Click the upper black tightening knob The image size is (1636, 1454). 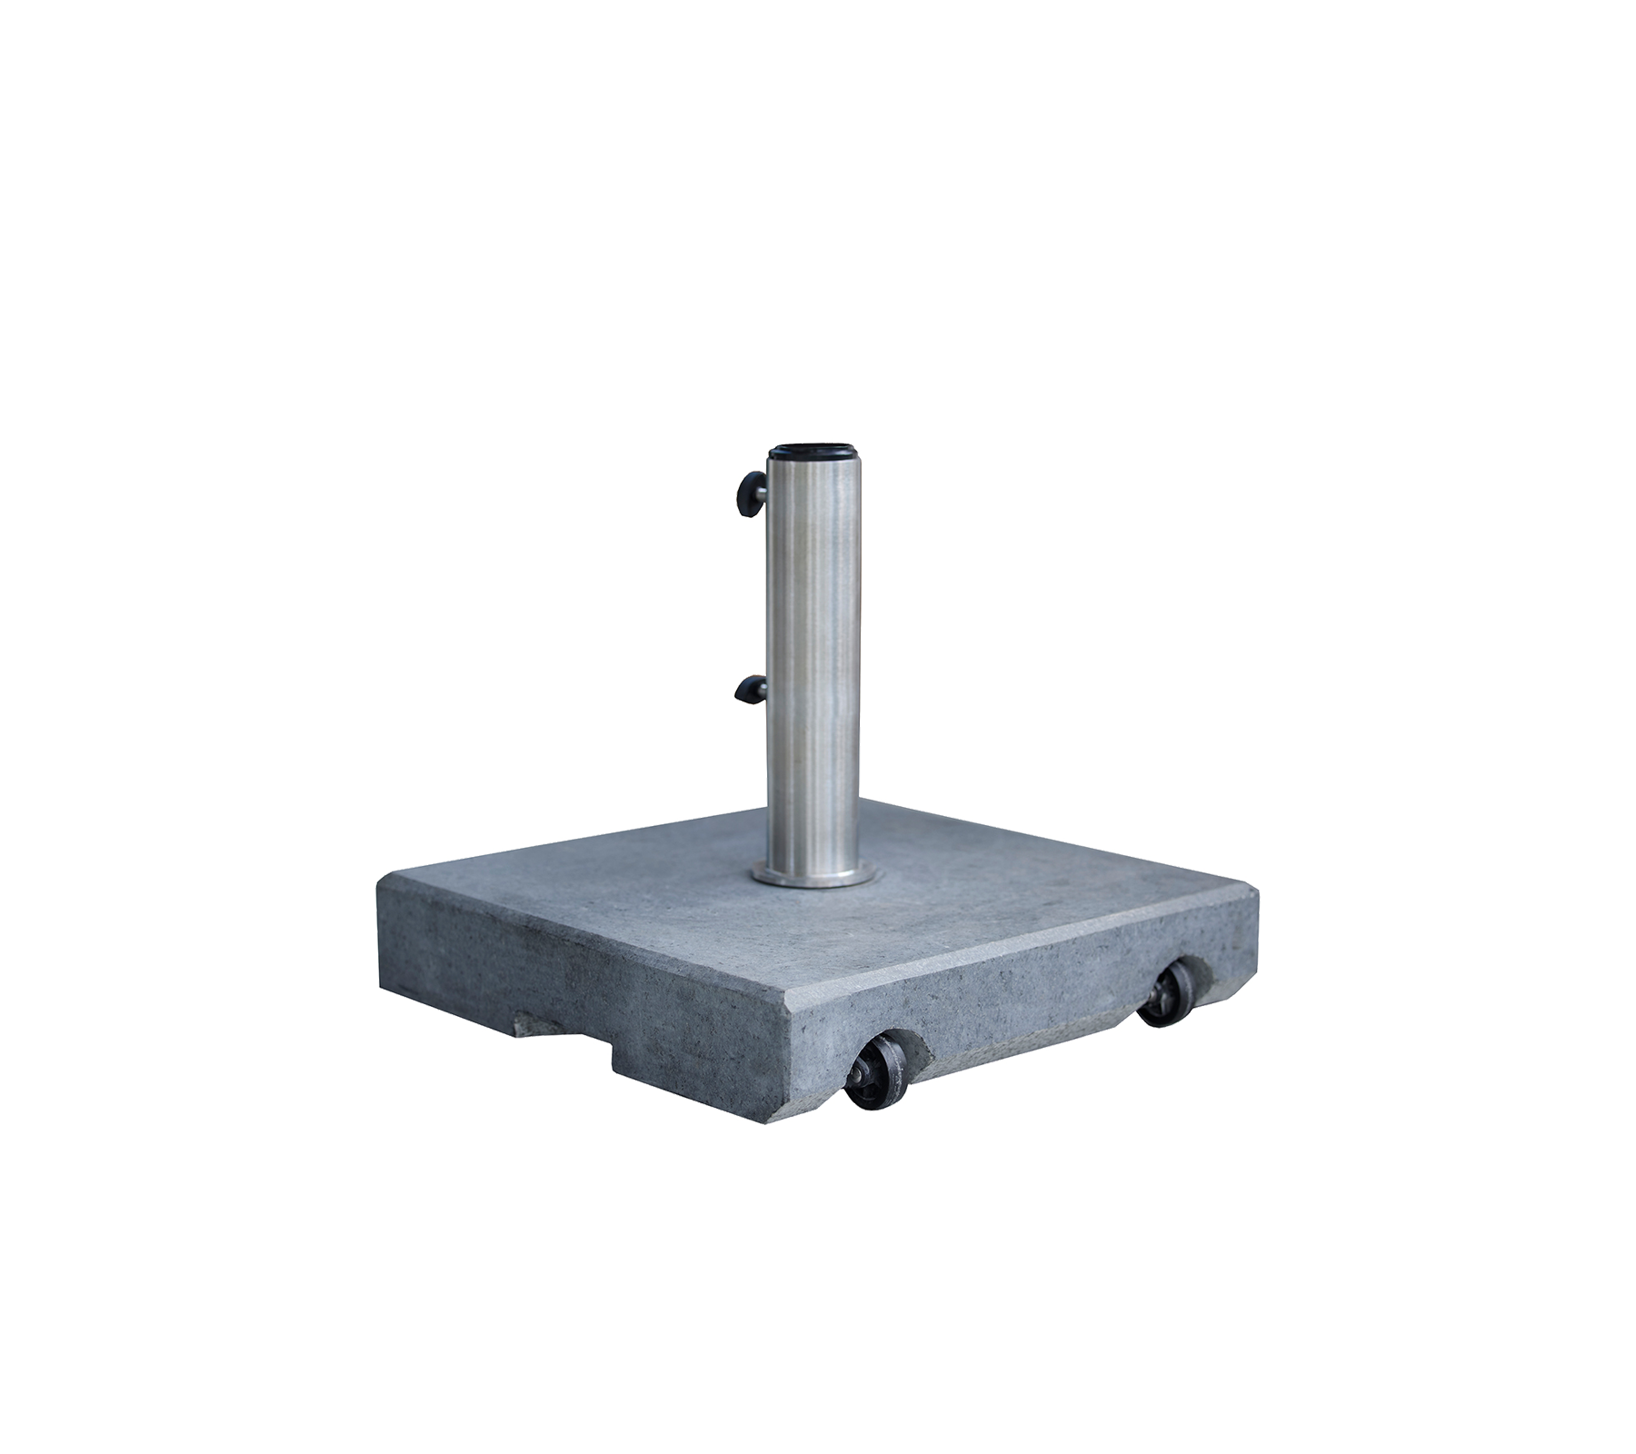(751, 492)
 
